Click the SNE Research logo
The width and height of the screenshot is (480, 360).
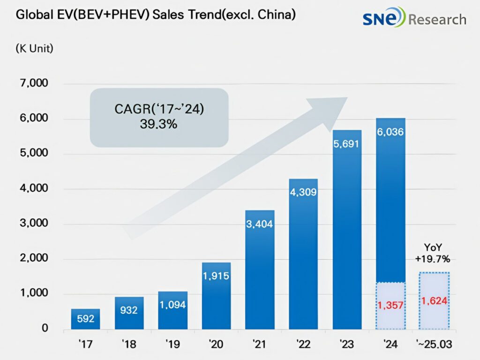[x=414, y=19]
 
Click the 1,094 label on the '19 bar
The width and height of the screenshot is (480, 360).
[x=172, y=305]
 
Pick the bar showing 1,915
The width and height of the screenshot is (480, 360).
[x=216, y=295]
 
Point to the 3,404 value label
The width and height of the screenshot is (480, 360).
[x=260, y=224]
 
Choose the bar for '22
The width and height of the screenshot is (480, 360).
[x=303, y=254]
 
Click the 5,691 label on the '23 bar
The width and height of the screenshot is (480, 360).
[x=347, y=144]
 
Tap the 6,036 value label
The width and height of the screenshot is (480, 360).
[x=390, y=132]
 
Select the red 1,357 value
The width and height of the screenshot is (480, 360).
[x=390, y=306]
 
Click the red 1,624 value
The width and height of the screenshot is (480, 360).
[x=434, y=300]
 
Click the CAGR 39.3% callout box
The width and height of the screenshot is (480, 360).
[x=159, y=117]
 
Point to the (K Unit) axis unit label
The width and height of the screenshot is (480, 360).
[x=34, y=48]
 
